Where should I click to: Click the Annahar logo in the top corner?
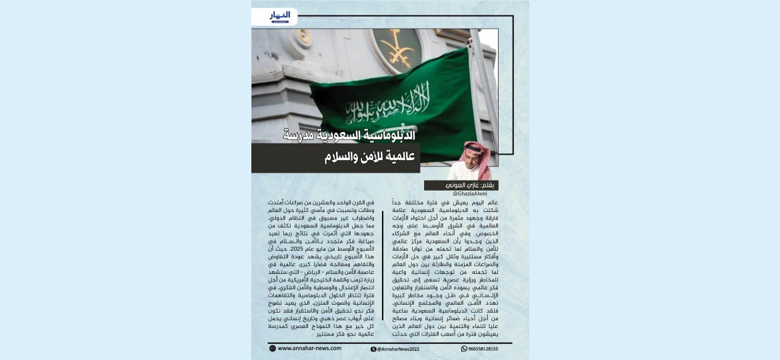[281, 16]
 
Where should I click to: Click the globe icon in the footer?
[273, 349]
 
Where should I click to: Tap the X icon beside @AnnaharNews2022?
[373, 349]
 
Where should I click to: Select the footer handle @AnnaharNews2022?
[400, 349]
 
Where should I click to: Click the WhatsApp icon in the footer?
[464, 349]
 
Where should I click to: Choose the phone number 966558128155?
[483, 349]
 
